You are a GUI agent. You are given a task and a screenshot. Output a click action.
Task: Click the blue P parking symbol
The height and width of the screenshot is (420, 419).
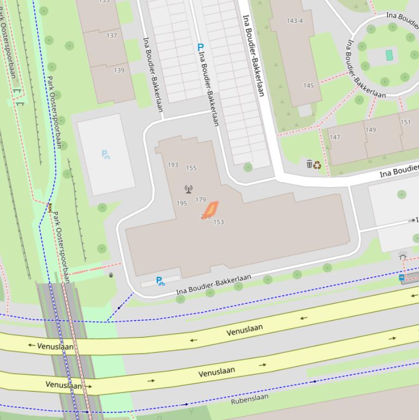[200, 48]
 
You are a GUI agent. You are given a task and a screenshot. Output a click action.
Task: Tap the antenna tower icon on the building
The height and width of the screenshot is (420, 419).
[189, 189]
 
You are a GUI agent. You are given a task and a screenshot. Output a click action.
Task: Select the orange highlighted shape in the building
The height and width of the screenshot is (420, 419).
[210, 209]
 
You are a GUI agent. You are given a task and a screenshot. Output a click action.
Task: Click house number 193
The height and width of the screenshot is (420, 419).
[173, 165]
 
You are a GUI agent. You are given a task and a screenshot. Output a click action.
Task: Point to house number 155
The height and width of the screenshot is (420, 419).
[191, 168]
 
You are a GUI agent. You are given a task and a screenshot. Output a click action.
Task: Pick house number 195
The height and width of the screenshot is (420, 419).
[182, 203]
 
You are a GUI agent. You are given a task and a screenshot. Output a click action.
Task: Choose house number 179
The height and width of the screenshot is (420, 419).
[201, 200]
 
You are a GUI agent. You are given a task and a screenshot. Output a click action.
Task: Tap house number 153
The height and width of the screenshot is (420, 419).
[218, 222]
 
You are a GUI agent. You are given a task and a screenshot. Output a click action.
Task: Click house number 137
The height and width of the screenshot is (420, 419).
[112, 35]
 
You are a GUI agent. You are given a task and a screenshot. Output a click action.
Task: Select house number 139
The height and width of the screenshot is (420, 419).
[119, 70]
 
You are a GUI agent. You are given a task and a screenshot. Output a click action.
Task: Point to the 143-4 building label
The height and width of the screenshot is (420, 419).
[294, 21]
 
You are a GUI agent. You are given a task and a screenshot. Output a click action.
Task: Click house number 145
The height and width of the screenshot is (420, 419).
[308, 86]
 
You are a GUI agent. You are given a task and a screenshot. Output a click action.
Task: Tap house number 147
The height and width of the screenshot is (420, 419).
[335, 137]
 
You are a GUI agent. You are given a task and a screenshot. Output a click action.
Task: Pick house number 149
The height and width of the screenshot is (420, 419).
[371, 130]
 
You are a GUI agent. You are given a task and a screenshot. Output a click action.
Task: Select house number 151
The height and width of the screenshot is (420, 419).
[405, 122]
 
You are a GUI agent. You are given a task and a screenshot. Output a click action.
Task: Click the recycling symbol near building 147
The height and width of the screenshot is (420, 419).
[317, 165]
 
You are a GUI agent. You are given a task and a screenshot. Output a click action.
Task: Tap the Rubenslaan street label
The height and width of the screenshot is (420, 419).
[250, 399]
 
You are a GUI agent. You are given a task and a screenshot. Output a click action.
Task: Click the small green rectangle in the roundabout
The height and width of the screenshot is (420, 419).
[389, 55]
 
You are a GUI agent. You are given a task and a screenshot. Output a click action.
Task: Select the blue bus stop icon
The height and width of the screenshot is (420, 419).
[402, 278]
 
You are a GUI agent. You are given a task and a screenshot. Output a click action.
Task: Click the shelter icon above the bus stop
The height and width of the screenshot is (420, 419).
[403, 256]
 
